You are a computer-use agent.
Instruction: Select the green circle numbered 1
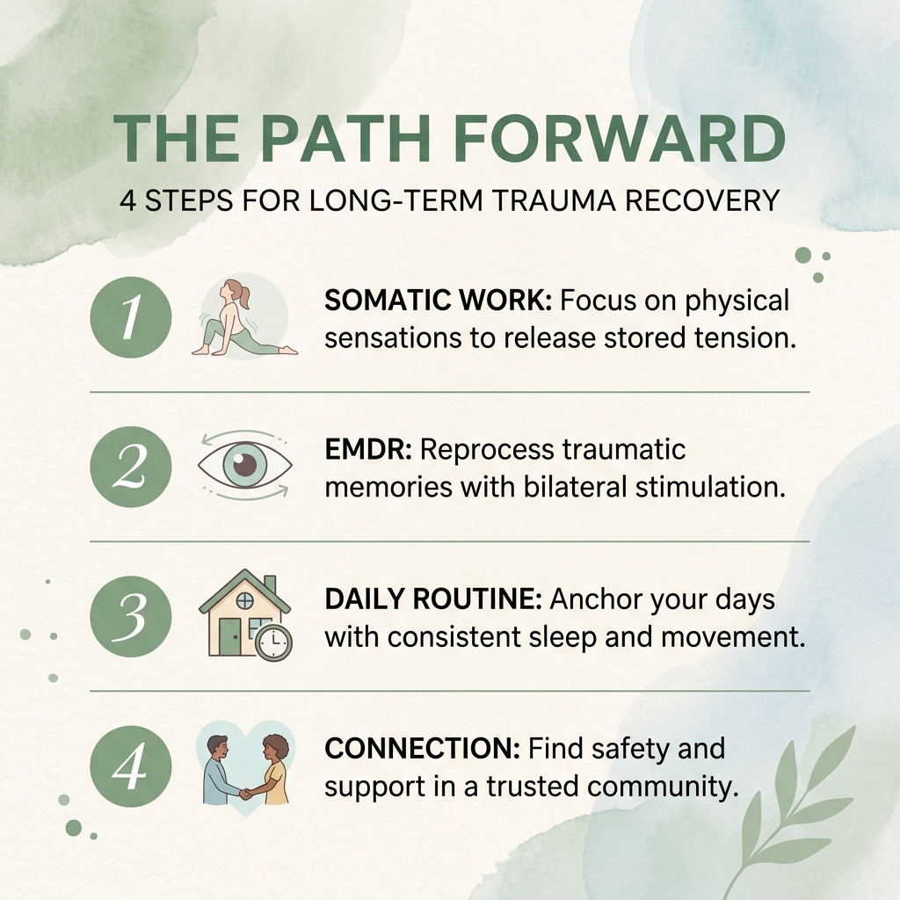tap(130, 317)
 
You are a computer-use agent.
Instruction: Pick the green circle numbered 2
tap(130, 468)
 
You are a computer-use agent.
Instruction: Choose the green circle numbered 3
tap(130, 618)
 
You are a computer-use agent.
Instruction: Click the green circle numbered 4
tap(130, 767)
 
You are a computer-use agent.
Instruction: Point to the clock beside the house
tap(273, 643)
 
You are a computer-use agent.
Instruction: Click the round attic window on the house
tap(245, 601)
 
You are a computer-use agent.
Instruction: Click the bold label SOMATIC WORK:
tap(438, 301)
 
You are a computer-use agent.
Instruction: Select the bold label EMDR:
tap(368, 450)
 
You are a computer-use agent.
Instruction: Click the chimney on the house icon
tap(269, 584)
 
